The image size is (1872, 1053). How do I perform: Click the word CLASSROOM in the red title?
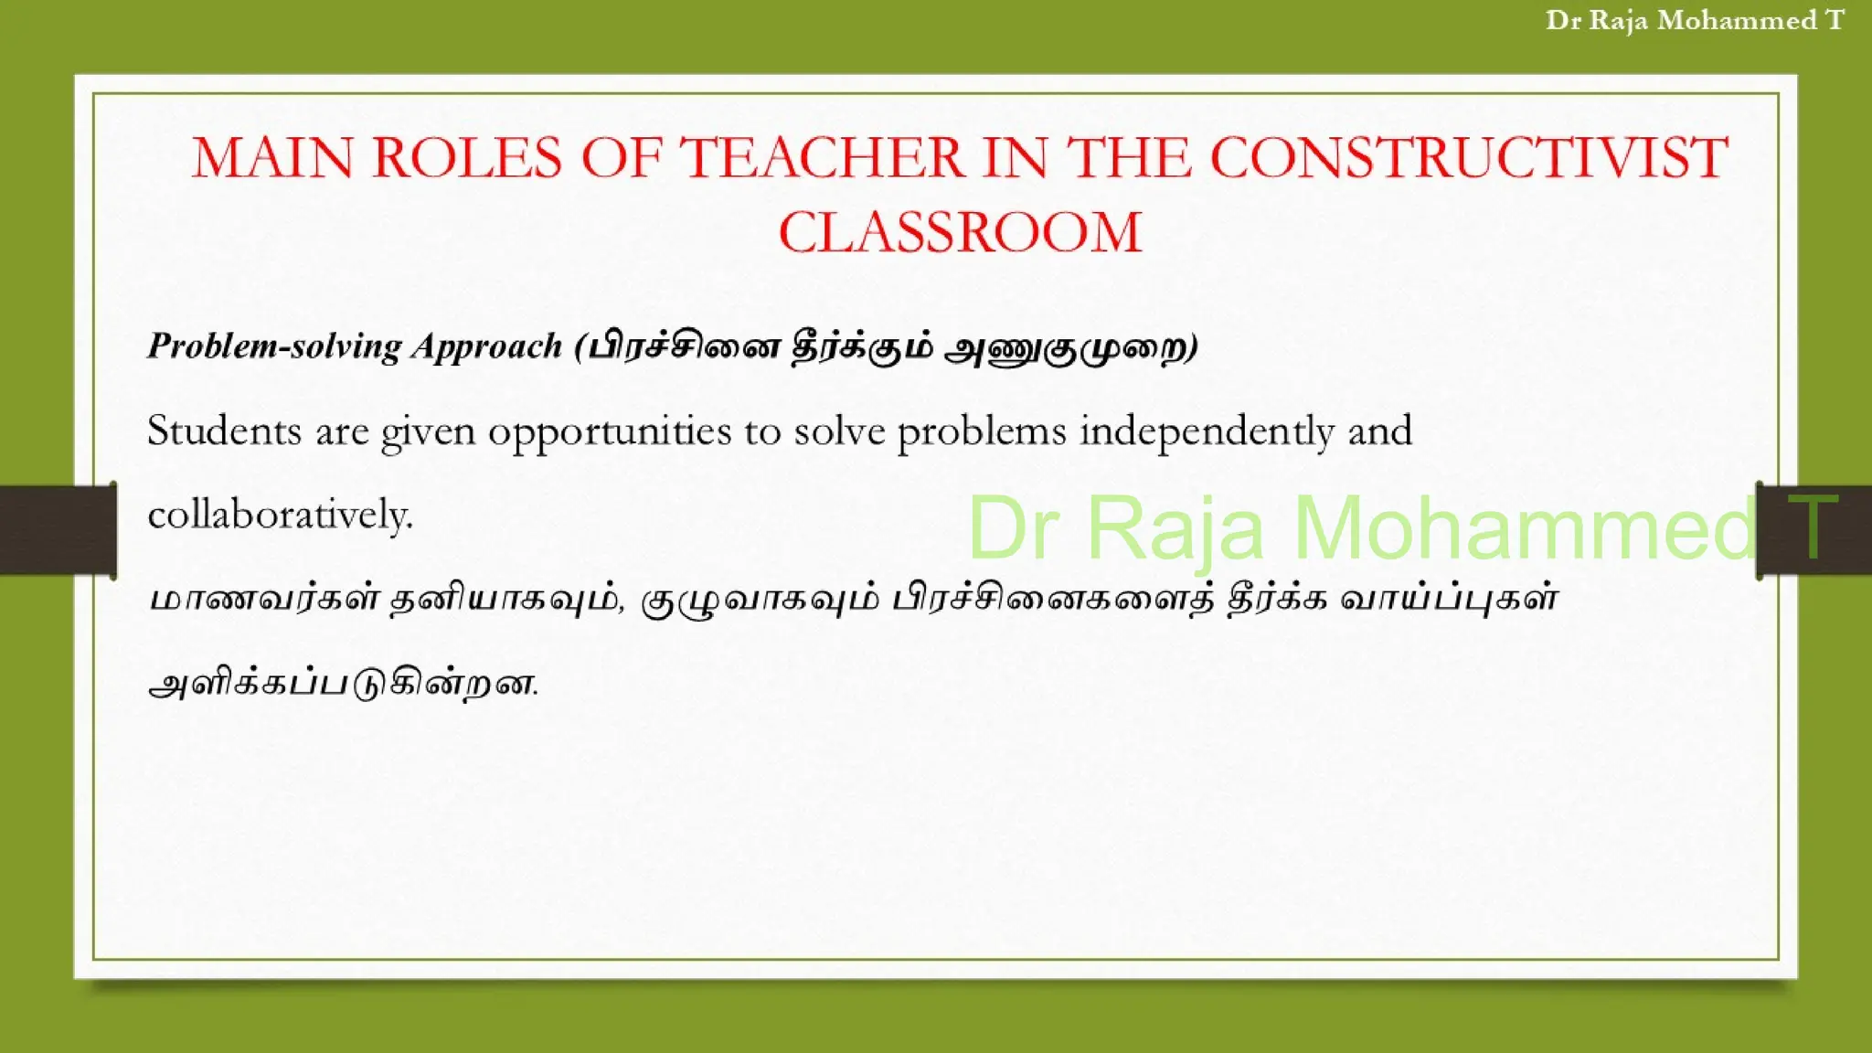click(x=960, y=232)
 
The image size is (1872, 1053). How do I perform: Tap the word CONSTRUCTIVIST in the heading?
click(x=1469, y=157)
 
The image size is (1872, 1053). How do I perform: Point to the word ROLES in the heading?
click(x=467, y=157)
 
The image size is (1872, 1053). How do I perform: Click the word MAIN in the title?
click(x=271, y=157)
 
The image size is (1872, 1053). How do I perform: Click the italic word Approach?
click(x=486, y=346)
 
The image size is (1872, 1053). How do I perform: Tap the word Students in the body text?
click(x=224, y=431)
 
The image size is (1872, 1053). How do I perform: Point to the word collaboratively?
click(x=280, y=515)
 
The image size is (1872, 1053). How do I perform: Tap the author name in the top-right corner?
click(x=1695, y=20)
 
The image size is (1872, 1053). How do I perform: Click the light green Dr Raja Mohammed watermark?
click(x=1362, y=528)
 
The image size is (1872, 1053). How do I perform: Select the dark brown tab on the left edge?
click(x=57, y=530)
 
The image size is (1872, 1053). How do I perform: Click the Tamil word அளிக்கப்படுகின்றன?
click(x=343, y=684)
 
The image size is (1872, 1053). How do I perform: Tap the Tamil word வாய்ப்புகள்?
click(x=1449, y=600)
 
